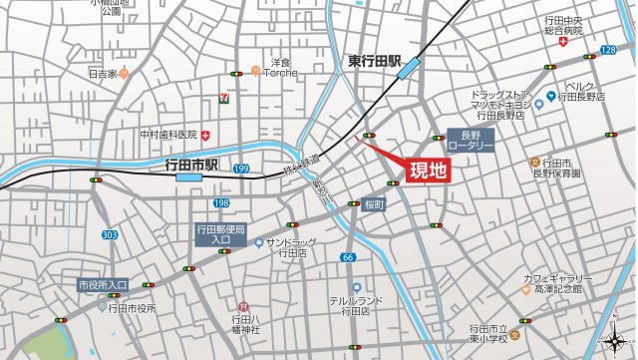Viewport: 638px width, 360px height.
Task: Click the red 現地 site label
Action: point(429,171)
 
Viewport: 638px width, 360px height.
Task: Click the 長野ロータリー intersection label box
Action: point(471,140)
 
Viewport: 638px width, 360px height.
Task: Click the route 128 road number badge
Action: point(608,49)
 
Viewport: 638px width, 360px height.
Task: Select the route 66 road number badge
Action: point(347,257)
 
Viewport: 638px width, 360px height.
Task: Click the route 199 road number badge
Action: point(241,170)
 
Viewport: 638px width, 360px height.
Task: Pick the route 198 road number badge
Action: point(221,202)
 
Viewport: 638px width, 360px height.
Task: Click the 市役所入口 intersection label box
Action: point(103,285)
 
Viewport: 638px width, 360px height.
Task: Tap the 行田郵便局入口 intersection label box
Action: point(220,234)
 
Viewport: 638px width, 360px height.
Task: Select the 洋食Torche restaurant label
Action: point(280,67)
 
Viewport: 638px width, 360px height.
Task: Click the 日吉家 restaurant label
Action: point(102,73)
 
